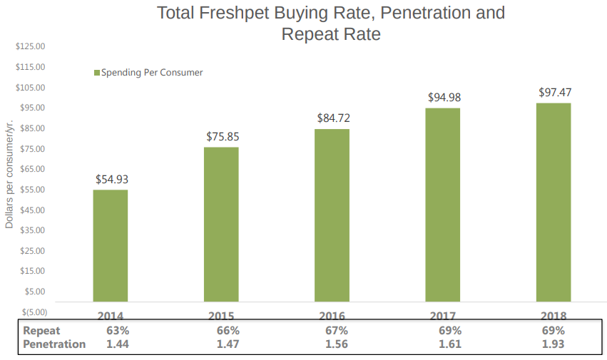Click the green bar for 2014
tap(111, 245)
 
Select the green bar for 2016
tap(332, 215)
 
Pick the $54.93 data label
tap(112, 179)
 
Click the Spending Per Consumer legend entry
tap(148, 73)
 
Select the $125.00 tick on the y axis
tap(30, 46)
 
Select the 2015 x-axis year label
tap(222, 316)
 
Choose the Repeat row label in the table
tap(41, 331)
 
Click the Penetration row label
tap(54, 344)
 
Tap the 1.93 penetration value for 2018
tap(554, 344)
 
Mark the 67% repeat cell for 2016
tap(336, 331)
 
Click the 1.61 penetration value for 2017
tap(450, 344)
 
